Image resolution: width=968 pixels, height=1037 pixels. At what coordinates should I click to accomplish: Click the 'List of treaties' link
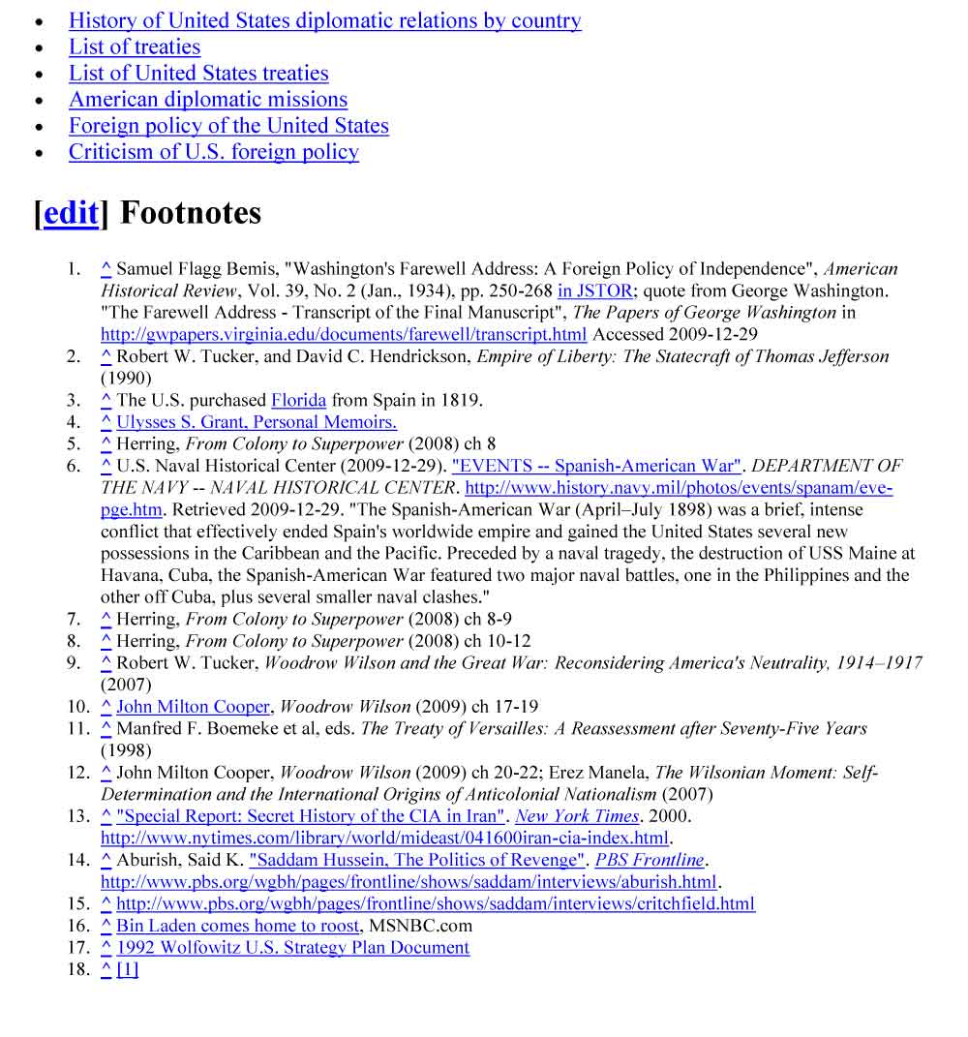click(x=135, y=47)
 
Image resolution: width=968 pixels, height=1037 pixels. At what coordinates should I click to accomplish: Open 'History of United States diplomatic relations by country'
click(x=324, y=21)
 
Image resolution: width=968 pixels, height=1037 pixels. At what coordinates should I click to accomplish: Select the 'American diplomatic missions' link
click(x=207, y=100)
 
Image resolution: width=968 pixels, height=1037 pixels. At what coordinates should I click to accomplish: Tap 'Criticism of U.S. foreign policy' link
click(x=213, y=152)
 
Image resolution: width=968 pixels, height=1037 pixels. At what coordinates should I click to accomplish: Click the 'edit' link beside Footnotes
click(x=71, y=213)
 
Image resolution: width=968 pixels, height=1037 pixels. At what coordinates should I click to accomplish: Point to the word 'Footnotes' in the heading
click(x=190, y=213)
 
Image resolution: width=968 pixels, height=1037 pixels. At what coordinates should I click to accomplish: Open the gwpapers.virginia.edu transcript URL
click(x=343, y=334)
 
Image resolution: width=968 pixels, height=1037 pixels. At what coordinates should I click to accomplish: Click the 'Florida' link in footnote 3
click(x=299, y=400)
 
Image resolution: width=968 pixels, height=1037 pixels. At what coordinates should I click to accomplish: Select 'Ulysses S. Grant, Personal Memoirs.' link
click(x=257, y=422)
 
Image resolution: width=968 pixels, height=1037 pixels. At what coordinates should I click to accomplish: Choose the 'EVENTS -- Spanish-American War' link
click(x=596, y=466)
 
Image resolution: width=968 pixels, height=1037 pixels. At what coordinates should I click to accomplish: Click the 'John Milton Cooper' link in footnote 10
click(x=193, y=707)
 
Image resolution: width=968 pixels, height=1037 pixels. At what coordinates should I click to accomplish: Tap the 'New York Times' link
click(x=577, y=816)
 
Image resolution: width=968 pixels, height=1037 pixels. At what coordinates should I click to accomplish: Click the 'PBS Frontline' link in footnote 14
click(x=649, y=860)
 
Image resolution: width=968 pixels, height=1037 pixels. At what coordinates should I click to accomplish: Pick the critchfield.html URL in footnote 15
click(x=436, y=904)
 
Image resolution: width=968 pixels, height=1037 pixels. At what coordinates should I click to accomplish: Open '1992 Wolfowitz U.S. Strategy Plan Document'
click(x=292, y=948)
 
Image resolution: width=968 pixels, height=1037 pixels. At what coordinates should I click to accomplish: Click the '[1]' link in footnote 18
click(x=128, y=969)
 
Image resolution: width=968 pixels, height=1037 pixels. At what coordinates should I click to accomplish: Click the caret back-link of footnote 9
click(x=106, y=663)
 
